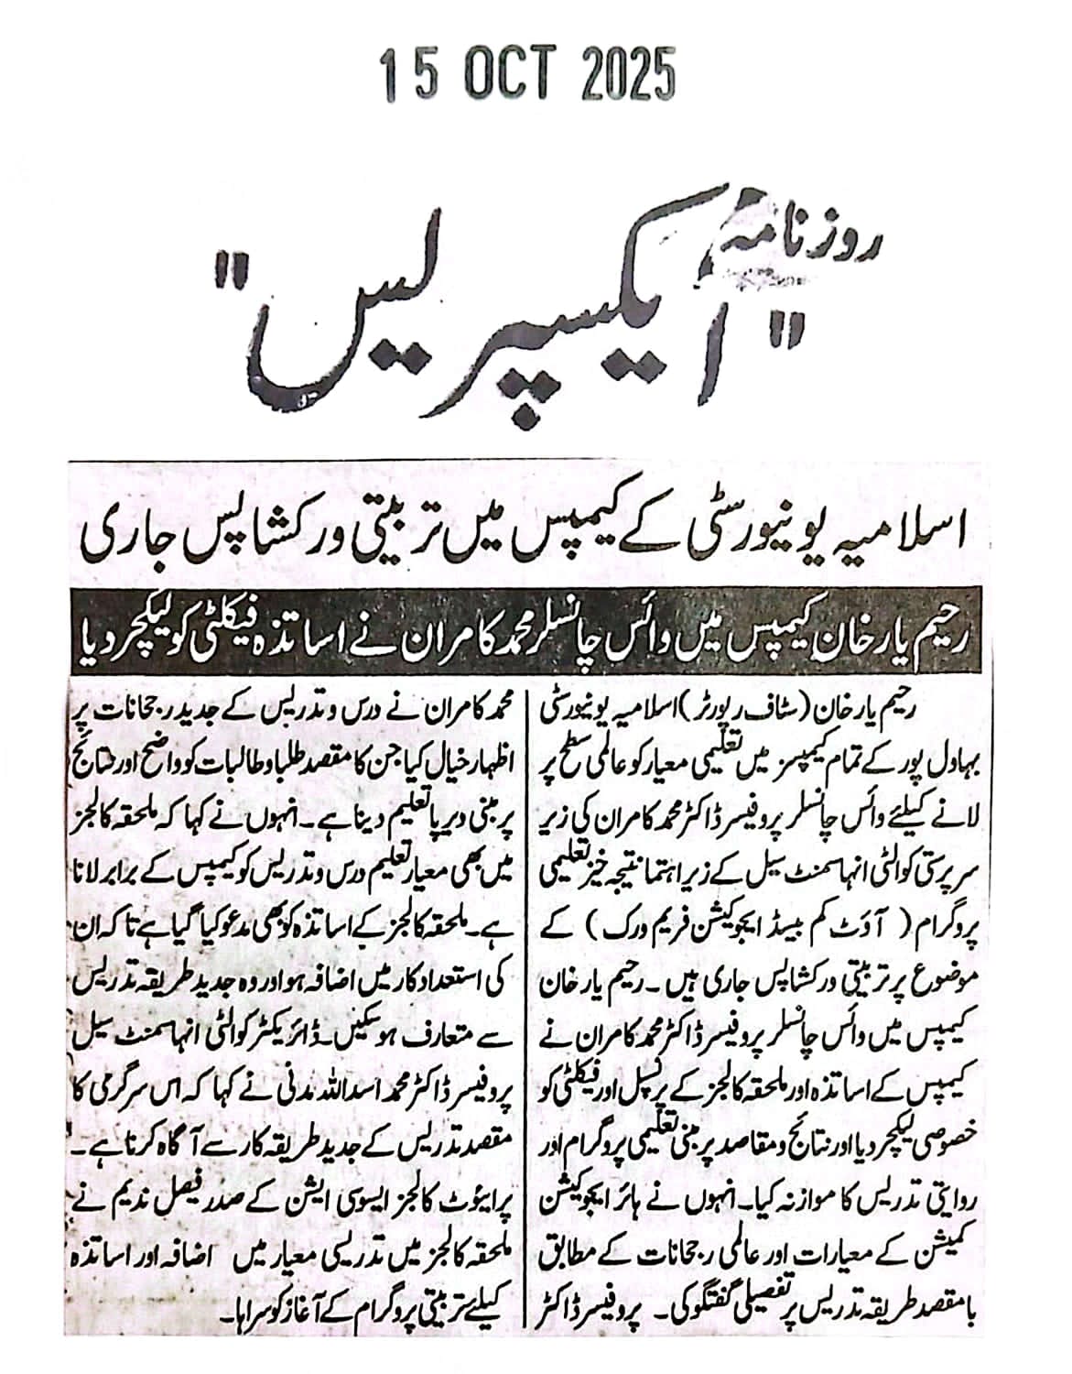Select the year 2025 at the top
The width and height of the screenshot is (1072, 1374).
[x=624, y=74]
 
